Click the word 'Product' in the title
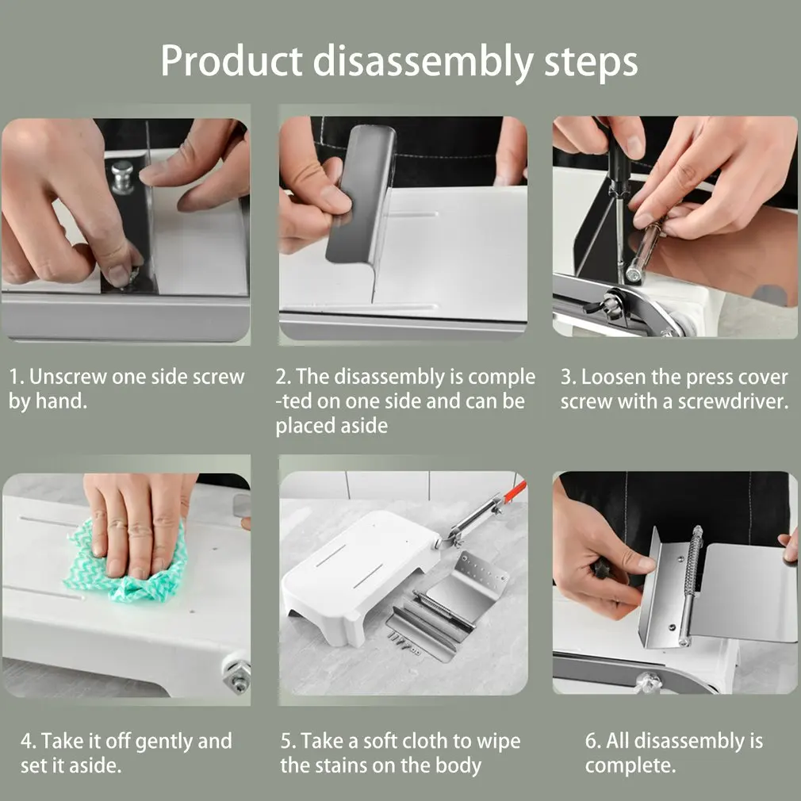(232, 61)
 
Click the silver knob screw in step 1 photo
(122, 177)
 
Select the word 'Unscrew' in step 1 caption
(68, 377)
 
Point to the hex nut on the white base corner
(238, 676)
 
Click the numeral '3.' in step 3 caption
(569, 378)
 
